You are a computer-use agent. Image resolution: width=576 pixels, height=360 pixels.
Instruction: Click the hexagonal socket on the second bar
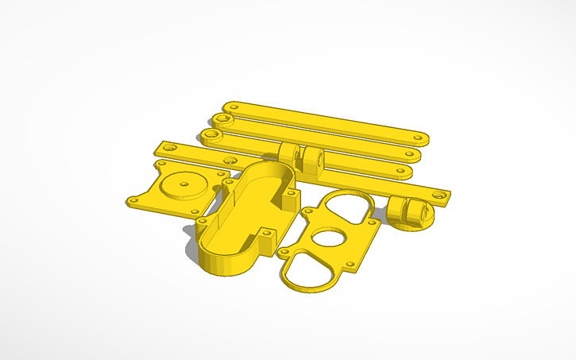point(225,120)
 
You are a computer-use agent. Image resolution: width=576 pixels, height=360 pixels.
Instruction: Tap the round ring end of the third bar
point(211,134)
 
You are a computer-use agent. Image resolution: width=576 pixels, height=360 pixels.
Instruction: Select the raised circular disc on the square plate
point(184,185)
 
